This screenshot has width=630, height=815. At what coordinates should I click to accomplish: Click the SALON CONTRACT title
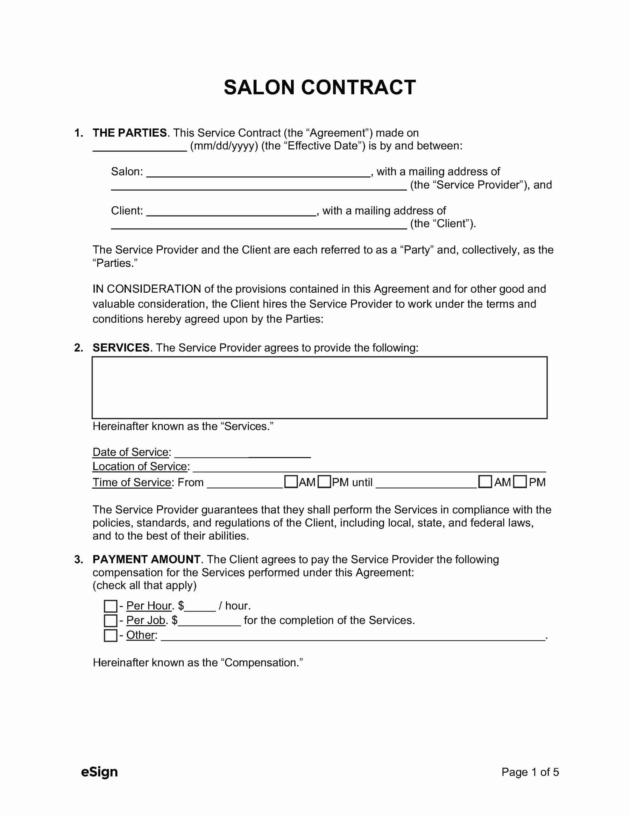click(320, 87)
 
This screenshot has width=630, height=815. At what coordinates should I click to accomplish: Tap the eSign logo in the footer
click(99, 772)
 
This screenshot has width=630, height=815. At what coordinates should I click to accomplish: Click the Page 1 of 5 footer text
click(530, 772)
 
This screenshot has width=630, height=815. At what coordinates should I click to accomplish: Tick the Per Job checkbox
click(110, 620)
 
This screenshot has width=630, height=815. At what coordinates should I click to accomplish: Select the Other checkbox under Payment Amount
click(110, 635)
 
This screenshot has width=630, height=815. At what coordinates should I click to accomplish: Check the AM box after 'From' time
click(291, 482)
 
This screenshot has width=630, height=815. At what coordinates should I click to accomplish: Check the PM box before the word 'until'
click(324, 482)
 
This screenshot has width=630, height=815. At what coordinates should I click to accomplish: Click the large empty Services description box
click(320, 387)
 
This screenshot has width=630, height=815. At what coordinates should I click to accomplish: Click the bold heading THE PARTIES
click(130, 133)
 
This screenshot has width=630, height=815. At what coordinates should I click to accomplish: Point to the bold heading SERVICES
click(121, 348)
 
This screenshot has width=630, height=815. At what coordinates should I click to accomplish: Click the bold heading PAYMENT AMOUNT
click(146, 559)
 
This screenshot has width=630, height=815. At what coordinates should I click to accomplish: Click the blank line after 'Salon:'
click(258, 173)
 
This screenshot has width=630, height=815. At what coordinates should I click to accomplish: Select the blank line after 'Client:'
click(231, 212)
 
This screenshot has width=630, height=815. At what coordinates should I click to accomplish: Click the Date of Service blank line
click(243, 453)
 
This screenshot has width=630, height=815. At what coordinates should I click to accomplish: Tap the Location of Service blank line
click(369, 467)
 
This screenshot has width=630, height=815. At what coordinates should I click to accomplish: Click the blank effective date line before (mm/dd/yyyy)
click(139, 147)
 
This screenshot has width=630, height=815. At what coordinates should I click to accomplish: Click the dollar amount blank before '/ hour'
click(200, 606)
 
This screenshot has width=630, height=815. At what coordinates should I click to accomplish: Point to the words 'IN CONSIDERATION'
click(147, 289)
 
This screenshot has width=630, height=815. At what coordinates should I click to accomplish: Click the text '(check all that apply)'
click(145, 585)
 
